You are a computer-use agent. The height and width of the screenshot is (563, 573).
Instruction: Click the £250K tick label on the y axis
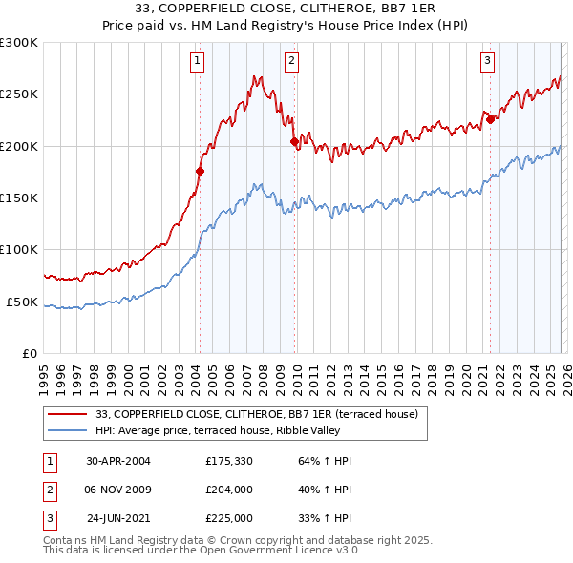click(19, 94)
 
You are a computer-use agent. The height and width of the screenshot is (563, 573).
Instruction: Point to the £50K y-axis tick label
click(22, 302)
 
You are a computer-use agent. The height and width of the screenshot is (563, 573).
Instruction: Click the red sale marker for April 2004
click(201, 172)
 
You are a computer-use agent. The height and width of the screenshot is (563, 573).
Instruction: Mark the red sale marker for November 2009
click(294, 141)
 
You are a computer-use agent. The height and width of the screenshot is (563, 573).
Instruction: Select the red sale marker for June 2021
click(490, 119)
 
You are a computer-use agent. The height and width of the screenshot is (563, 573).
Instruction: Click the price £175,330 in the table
click(229, 461)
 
